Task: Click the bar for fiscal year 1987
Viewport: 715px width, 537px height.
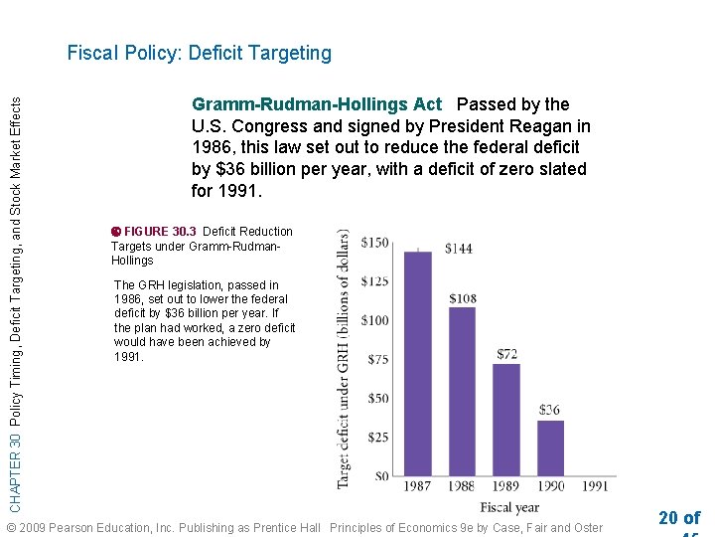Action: tap(418, 363)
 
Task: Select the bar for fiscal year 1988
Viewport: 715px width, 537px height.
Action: tap(462, 391)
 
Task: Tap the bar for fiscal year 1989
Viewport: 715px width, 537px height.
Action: tap(506, 419)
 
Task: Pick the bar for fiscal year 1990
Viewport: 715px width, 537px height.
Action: tap(550, 447)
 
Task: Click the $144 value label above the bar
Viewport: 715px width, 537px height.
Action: tap(459, 248)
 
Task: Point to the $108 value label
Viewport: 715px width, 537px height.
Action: tap(463, 298)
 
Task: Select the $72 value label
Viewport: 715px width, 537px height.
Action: tap(506, 354)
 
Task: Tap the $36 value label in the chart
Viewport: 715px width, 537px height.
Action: tap(550, 410)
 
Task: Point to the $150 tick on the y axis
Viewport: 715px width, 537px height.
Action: tap(375, 243)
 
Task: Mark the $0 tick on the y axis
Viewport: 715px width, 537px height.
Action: tap(381, 475)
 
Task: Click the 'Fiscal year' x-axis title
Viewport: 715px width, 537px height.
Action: tap(508, 508)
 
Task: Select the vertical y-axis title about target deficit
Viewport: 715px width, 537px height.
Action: tap(344, 358)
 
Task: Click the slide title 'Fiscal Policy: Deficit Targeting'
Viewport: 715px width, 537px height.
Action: tap(200, 53)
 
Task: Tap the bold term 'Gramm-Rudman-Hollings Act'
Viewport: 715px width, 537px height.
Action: tap(316, 104)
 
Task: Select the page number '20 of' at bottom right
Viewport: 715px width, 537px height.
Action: tap(678, 517)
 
